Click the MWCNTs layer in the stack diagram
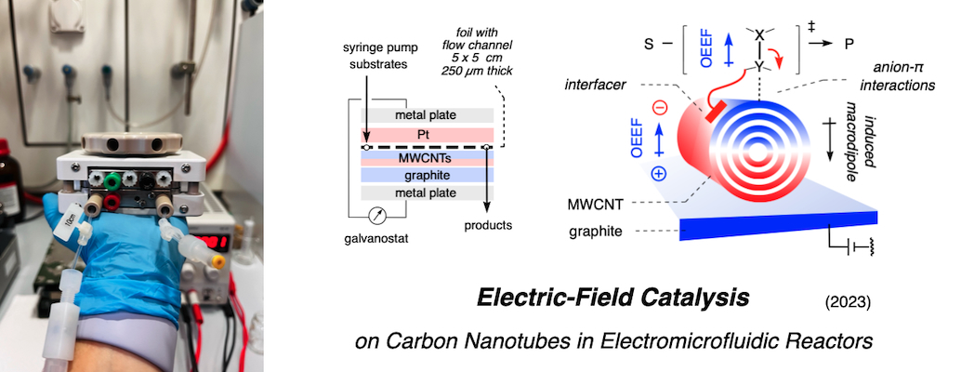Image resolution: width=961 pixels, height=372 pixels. pyautogui.click(x=427, y=159)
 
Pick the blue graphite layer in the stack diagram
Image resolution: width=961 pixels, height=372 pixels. pyautogui.click(x=427, y=174)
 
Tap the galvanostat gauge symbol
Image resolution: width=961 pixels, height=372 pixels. pyautogui.click(x=377, y=215)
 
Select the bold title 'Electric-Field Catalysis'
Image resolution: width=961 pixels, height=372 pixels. pyautogui.click(x=612, y=299)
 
